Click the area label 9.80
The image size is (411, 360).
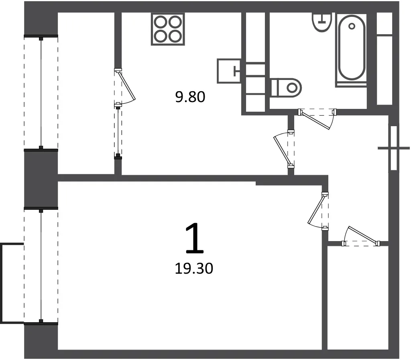coord(190,97)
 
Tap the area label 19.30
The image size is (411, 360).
coord(194,268)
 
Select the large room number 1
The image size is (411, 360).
coord(195,238)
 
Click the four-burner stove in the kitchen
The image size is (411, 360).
coord(168,29)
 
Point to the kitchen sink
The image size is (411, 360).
coord(228,71)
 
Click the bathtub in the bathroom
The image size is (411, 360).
coord(352,50)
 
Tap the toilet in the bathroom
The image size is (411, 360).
coord(286,87)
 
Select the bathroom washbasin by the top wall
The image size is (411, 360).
coord(322,22)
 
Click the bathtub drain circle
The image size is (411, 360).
coord(352,26)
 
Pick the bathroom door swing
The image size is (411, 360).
coord(317,118)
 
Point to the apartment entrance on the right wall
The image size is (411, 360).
coord(394,148)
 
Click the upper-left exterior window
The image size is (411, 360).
coord(41,93)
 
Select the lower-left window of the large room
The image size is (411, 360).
coord(41,266)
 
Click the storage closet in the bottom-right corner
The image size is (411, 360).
coord(358,298)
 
